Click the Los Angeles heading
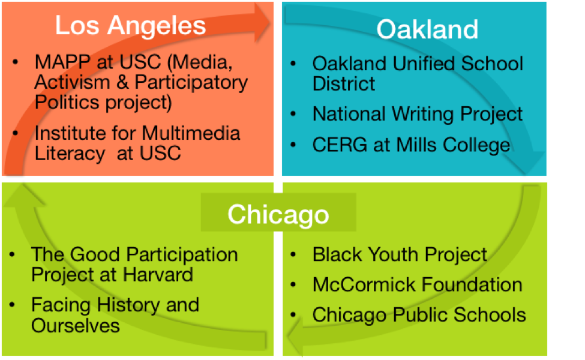(130, 26)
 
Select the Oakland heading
(427, 29)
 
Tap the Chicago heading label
(278, 215)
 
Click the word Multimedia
(191, 133)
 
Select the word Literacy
(70, 154)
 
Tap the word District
(344, 83)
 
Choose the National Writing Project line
(418, 114)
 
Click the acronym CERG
(340, 145)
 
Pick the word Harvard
(158, 275)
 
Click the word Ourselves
(76, 325)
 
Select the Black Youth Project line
(400, 255)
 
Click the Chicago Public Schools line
(419, 315)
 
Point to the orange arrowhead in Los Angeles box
(262, 22)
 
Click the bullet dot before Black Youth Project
(293, 255)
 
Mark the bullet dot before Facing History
(13, 305)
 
